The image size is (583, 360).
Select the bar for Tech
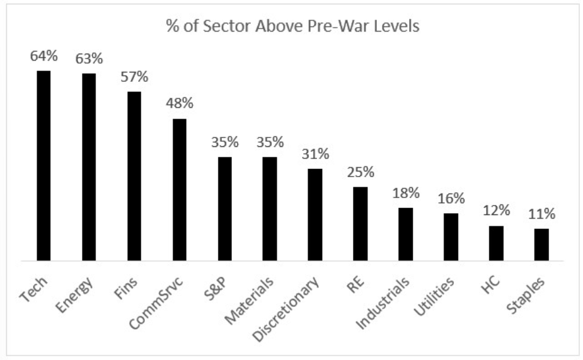43,165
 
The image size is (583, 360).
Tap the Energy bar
89,166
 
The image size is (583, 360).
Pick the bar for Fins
134,176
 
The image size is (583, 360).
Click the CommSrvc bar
180,189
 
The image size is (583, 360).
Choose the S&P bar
224,208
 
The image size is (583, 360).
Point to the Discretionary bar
315,214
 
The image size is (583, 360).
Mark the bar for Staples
541,244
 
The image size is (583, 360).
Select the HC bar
496,243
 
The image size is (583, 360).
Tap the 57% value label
134,78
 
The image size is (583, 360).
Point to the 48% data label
180,104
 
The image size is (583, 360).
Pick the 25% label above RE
361,172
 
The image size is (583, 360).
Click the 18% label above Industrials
406,193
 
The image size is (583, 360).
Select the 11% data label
541,214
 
